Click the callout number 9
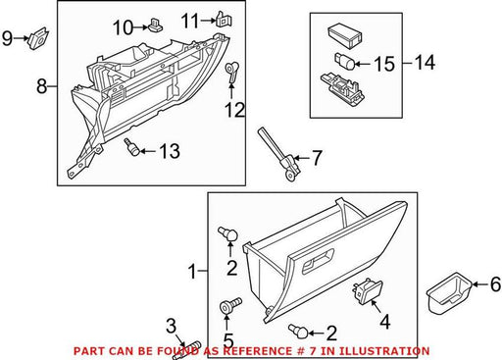click(x=7, y=39)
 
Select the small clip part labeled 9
click(x=39, y=37)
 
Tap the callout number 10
click(x=124, y=27)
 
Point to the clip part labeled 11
click(x=224, y=20)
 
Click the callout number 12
click(x=234, y=110)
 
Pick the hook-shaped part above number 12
click(x=232, y=73)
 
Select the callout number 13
click(x=170, y=151)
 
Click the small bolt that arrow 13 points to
click(x=131, y=147)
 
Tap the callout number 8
click(x=41, y=87)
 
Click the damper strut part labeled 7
click(x=279, y=153)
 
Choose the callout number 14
click(x=425, y=62)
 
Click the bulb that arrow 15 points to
click(x=344, y=61)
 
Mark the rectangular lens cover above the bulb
click(x=345, y=35)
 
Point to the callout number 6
click(x=495, y=283)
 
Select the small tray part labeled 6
click(x=449, y=293)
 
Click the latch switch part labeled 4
click(x=367, y=289)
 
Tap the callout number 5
click(x=228, y=340)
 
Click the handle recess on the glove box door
click(x=319, y=261)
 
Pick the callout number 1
click(x=192, y=272)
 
